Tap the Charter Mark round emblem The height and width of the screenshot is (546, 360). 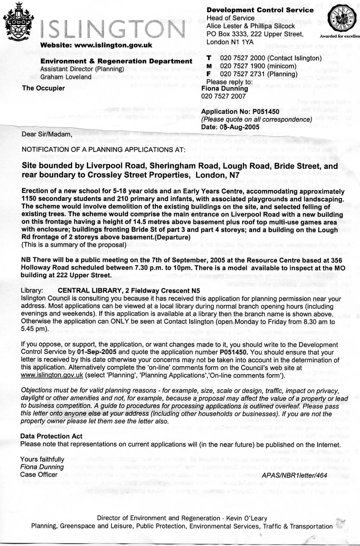pyautogui.click(x=342, y=19)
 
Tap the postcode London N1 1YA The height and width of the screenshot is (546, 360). pyautogui.click(x=230, y=42)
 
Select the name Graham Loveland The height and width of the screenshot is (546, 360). pyautogui.click(x=66, y=77)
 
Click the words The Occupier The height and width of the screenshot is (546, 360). pyautogui.click(x=43, y=88)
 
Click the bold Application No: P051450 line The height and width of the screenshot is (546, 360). pyautogui.click(x=240, y=112)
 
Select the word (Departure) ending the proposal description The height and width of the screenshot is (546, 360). pyautogui.click(x=173, y=237)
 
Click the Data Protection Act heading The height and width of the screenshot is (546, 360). pyautogui.click(x=51, y=436)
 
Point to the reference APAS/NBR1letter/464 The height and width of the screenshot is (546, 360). pyautogui.click(x=294, y=475)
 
